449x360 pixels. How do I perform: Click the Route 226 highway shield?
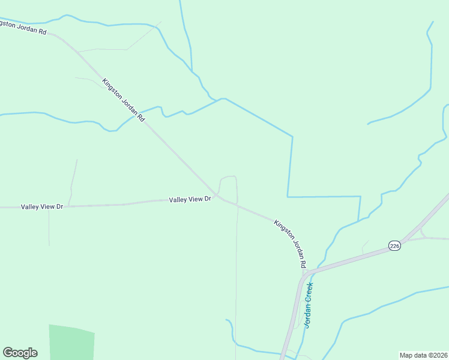coord(394,246)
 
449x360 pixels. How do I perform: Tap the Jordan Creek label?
coord(309,305)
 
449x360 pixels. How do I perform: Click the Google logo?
coord(20,353)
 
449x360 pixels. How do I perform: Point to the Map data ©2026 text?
coord(423,355)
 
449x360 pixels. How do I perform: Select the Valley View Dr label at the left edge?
coord(42,206)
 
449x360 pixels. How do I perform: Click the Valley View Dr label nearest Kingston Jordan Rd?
coord(190,199)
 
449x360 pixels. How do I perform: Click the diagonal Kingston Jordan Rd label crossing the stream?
coord(124,100)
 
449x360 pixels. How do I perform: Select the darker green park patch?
coord(71,343)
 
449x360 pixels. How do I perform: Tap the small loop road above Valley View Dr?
coord(229,178)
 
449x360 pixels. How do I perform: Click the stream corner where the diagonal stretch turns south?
coord(292,136)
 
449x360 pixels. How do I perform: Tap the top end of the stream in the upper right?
coord(432,22)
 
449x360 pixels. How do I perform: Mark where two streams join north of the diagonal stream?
coord(223,98)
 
